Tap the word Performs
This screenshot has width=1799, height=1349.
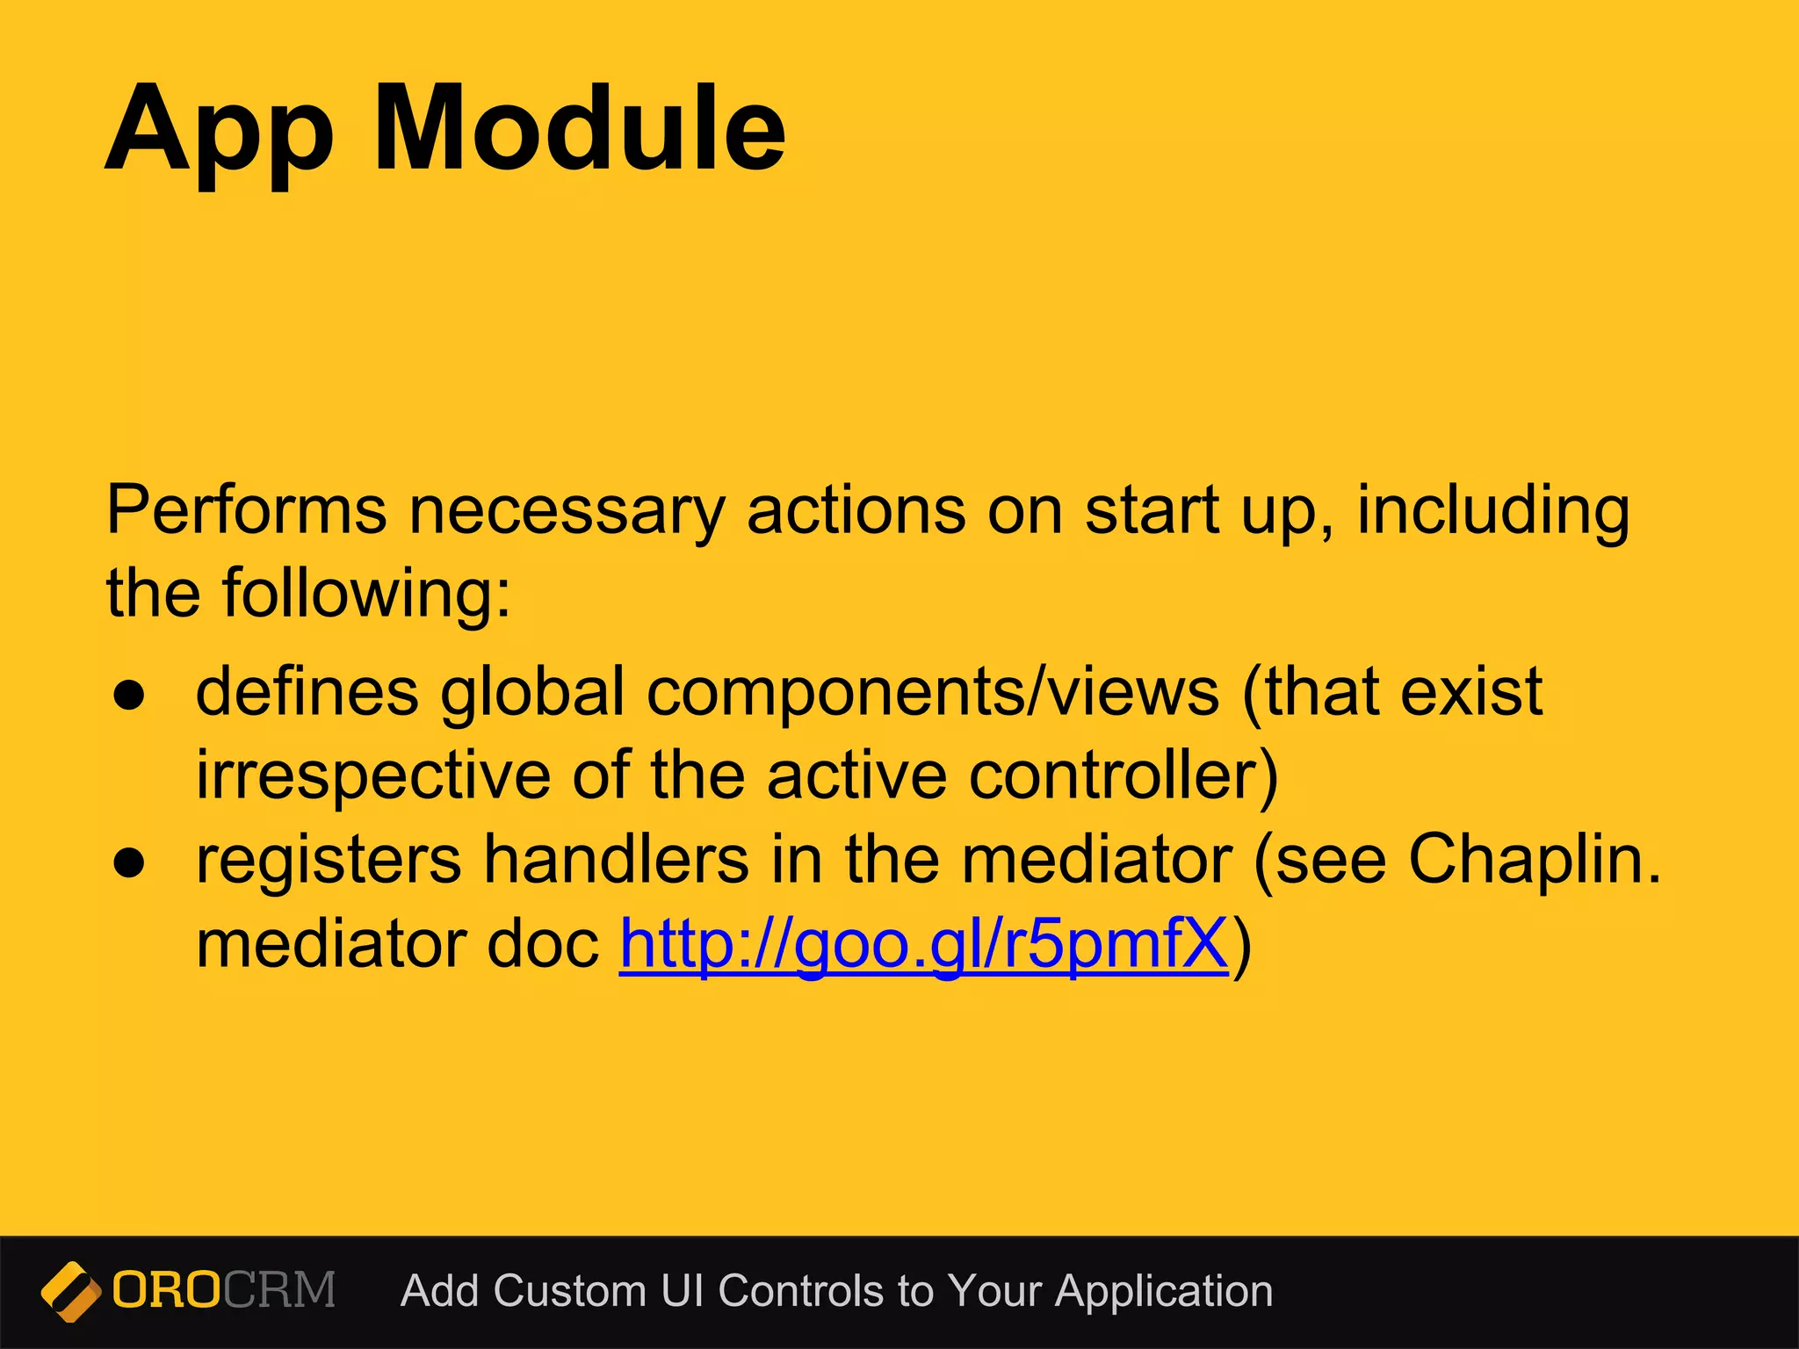246,510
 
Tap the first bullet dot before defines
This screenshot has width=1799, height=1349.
129,696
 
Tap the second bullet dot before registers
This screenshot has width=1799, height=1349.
129,863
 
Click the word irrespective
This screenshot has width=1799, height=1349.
372,777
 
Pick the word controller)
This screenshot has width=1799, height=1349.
1123,776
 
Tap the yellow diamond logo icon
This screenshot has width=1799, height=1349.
70,1291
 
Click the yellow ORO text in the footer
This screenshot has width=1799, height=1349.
166,1290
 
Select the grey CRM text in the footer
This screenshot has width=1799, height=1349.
279,1290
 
